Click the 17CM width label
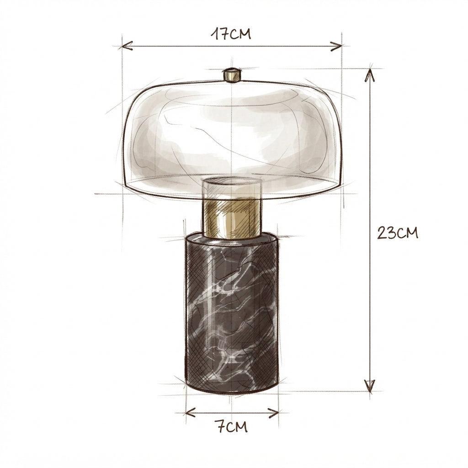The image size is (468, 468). point(231,34)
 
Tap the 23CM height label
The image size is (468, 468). point(397,233)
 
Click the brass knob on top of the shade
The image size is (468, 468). point(232,74)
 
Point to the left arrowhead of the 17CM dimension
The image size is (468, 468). point(127,46)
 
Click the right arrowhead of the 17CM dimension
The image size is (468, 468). point(337,46)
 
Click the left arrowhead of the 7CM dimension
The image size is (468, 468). point(191,413)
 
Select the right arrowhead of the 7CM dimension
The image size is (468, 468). point(273,413)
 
